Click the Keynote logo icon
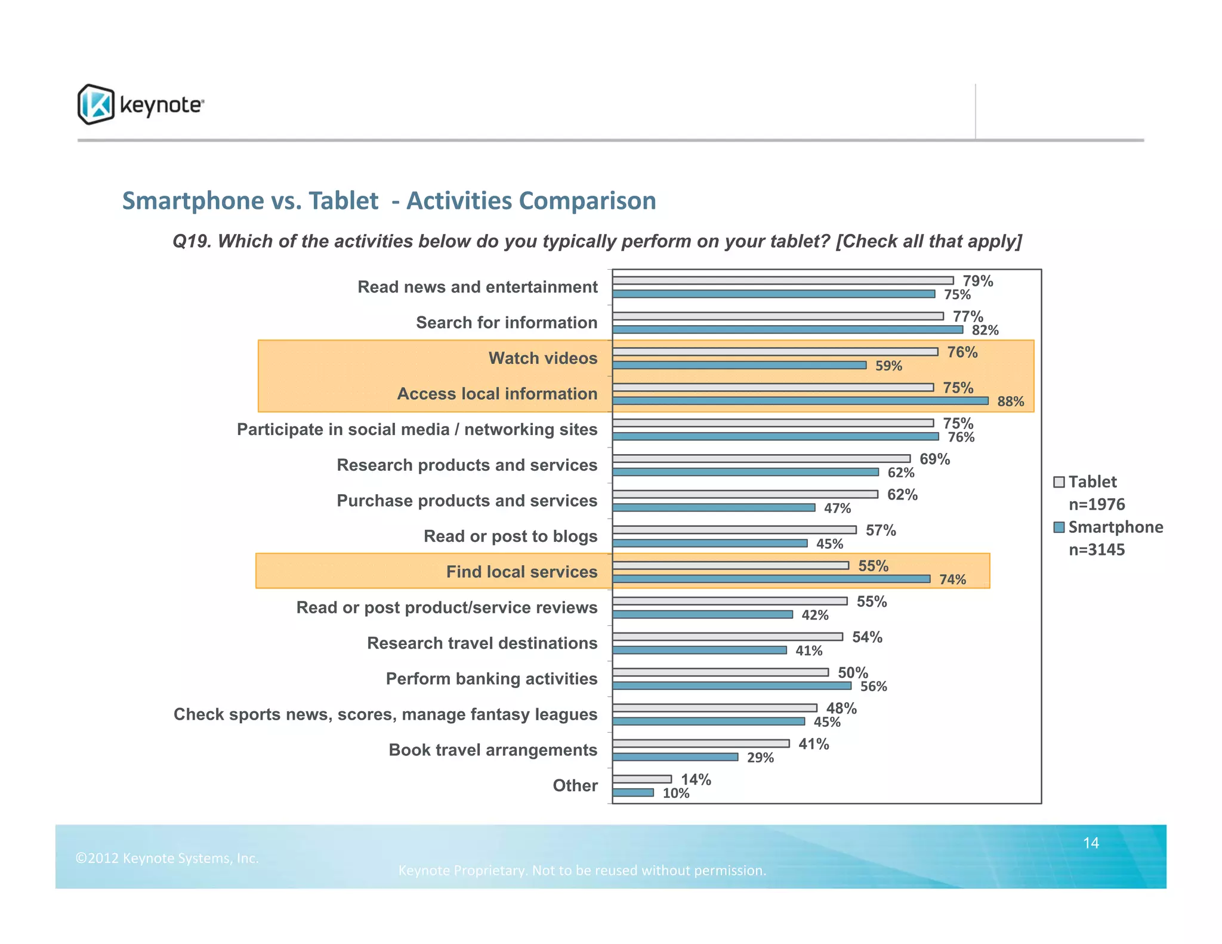[x=95, y=104]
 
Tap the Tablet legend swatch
[x=1059, y=482]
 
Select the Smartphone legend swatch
[x=1059, y=527]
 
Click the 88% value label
[x=1010, y=402]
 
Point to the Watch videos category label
[x=542, y=358]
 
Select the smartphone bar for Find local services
[x=771, y=579]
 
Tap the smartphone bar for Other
[x=633, y=792]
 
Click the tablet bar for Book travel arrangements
[x=701, y=744]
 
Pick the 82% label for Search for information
[x=985, y=331]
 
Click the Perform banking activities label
[x=491, y=679]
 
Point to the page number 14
[x=1091, y=843]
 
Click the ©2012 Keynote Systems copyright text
[x=167, y=859]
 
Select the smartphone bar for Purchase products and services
[x=714, y=508]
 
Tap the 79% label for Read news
[x=978, y=281]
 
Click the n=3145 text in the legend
[x=1096, y=550]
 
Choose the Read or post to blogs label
[x=510, y=536]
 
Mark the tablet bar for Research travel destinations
[x=727, y=637]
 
